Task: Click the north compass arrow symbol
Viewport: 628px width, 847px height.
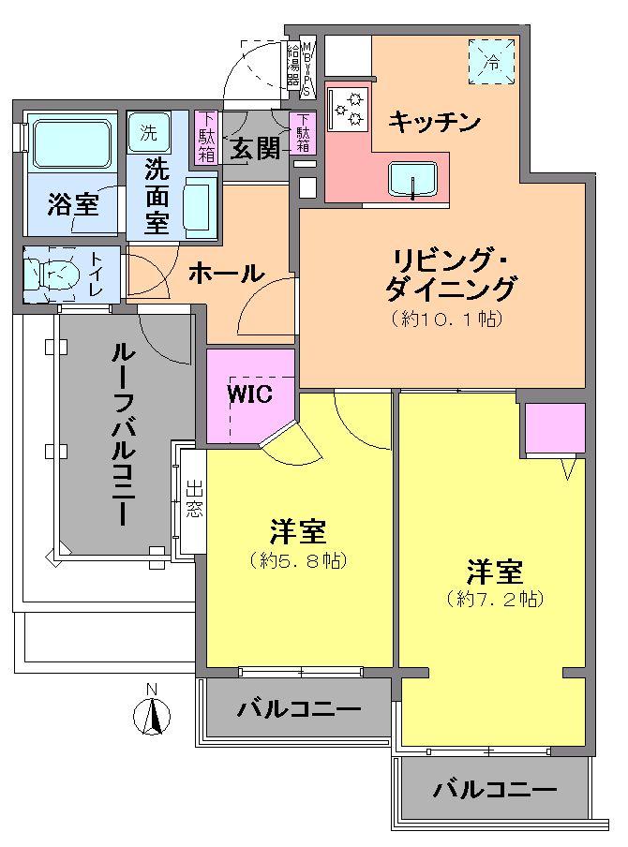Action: click(152, 716)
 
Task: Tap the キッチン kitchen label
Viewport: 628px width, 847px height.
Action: click(434, 121)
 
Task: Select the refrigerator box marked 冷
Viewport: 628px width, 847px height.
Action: click(492, 61)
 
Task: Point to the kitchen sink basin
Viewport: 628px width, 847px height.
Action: click(413, 178)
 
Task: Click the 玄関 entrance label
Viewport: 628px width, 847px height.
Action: click(254, 148)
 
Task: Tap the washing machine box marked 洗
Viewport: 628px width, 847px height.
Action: click(148, 129)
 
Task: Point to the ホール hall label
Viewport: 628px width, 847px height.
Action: click(225, 273)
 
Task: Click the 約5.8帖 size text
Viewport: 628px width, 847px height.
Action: click(299, 561)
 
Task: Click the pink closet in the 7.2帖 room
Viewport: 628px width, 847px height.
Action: click(554, 428)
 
